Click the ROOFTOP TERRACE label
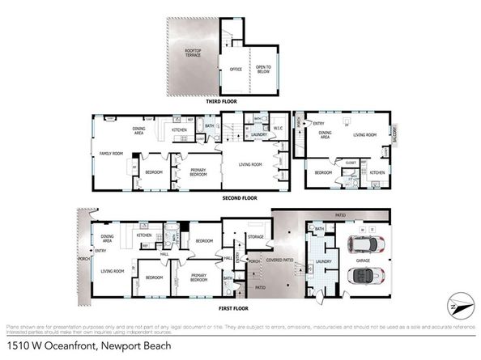point(193,53)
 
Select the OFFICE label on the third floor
point(236,70)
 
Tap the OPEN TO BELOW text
point(262,70)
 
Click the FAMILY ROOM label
point(110,153)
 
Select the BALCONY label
point(395,137)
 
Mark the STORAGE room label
point(257,237)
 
